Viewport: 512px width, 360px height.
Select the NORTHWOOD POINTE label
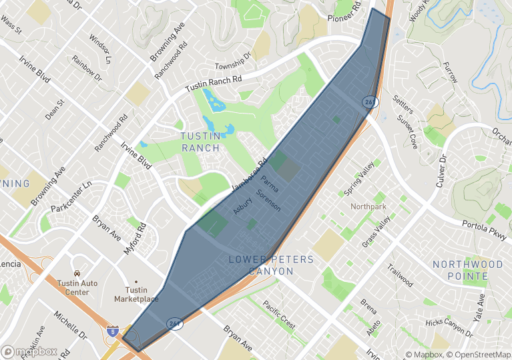coord(467,270)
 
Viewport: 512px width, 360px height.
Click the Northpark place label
coord(368,207)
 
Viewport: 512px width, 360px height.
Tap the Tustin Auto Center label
coord(77,288)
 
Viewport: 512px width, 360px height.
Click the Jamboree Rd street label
coord(249,176)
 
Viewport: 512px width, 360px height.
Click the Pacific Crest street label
coord(278,314)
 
